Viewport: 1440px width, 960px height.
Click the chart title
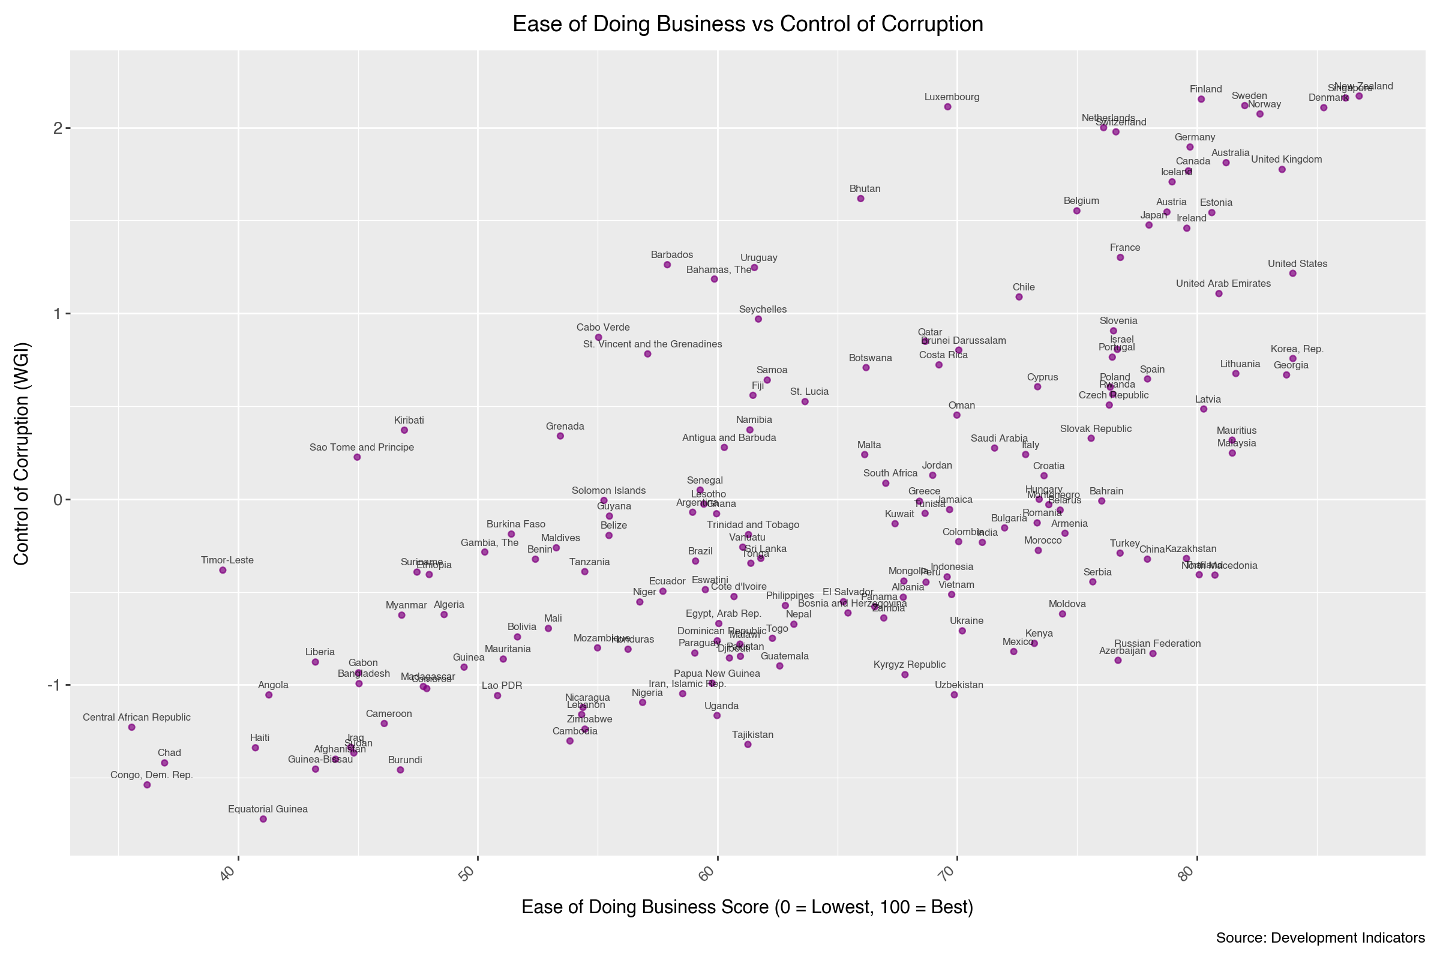pos(748,25)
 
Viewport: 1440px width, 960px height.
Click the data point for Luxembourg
pos(947,107)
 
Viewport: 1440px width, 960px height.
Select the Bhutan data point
pos(860,199)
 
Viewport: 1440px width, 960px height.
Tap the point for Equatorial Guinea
pos(263,818)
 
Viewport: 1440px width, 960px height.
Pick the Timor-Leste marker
pos(223,570)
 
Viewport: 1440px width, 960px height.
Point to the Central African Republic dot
pos(131,727)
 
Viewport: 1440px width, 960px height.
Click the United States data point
pos(1292,273)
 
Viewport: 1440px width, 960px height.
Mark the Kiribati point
pos(404,430)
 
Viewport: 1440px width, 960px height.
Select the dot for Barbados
pos(667,265)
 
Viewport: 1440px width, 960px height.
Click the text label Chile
pos(1024,287)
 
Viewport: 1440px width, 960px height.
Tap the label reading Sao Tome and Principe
pos(362,448)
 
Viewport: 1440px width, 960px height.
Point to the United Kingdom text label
pos(1286,160)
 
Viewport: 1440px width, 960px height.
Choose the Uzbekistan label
pos(959,685)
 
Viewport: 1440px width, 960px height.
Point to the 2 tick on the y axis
pos(58,128)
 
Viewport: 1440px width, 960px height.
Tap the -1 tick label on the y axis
pos(55,685)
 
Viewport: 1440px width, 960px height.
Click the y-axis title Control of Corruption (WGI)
pos(22,453)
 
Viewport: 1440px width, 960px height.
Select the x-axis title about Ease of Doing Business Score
pos(747,907)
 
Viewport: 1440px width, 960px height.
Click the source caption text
pos(1320,938)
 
